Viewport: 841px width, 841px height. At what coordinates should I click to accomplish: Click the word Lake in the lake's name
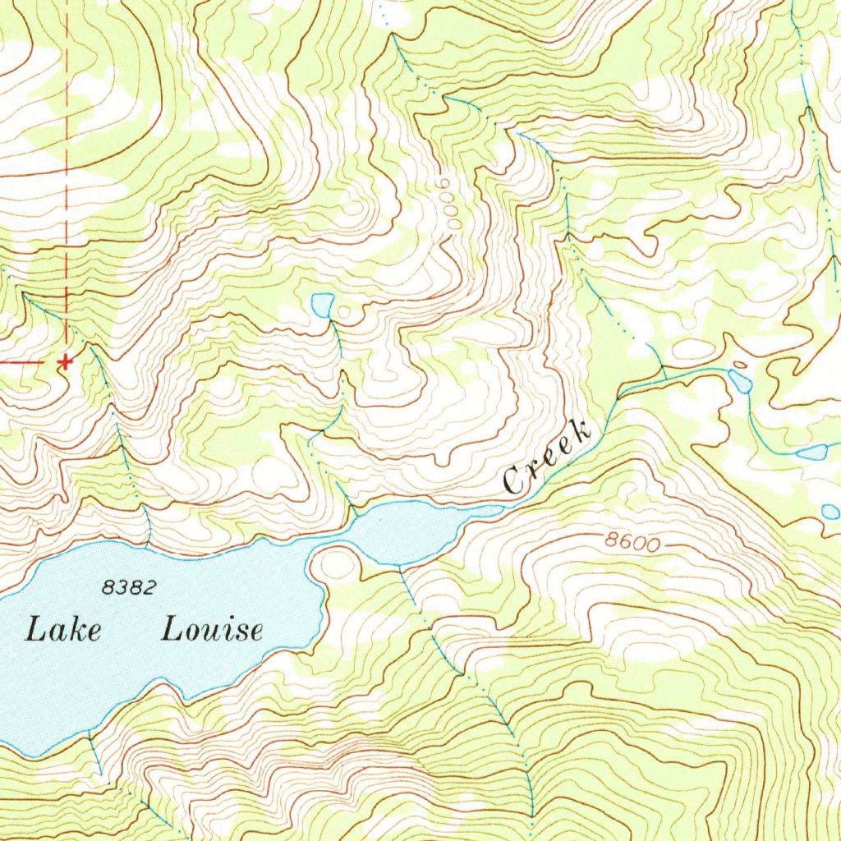(64, 630)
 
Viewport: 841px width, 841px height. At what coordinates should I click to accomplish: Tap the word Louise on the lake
(212, 630)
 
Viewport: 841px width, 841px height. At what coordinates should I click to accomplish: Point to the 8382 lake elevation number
(129, 586)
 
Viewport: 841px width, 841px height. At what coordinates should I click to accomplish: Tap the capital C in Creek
(516, 480)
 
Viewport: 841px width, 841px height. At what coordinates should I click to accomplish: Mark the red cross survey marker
(65, 361)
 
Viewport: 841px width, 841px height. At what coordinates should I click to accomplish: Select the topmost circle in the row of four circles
(445, 182)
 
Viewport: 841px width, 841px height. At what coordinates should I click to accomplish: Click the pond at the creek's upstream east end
(739, 380)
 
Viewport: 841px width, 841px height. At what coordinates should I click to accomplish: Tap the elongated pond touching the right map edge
(813, 452)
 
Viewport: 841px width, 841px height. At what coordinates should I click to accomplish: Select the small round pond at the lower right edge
(830, 512)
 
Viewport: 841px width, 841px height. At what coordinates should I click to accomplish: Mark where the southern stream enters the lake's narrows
(399, 566)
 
